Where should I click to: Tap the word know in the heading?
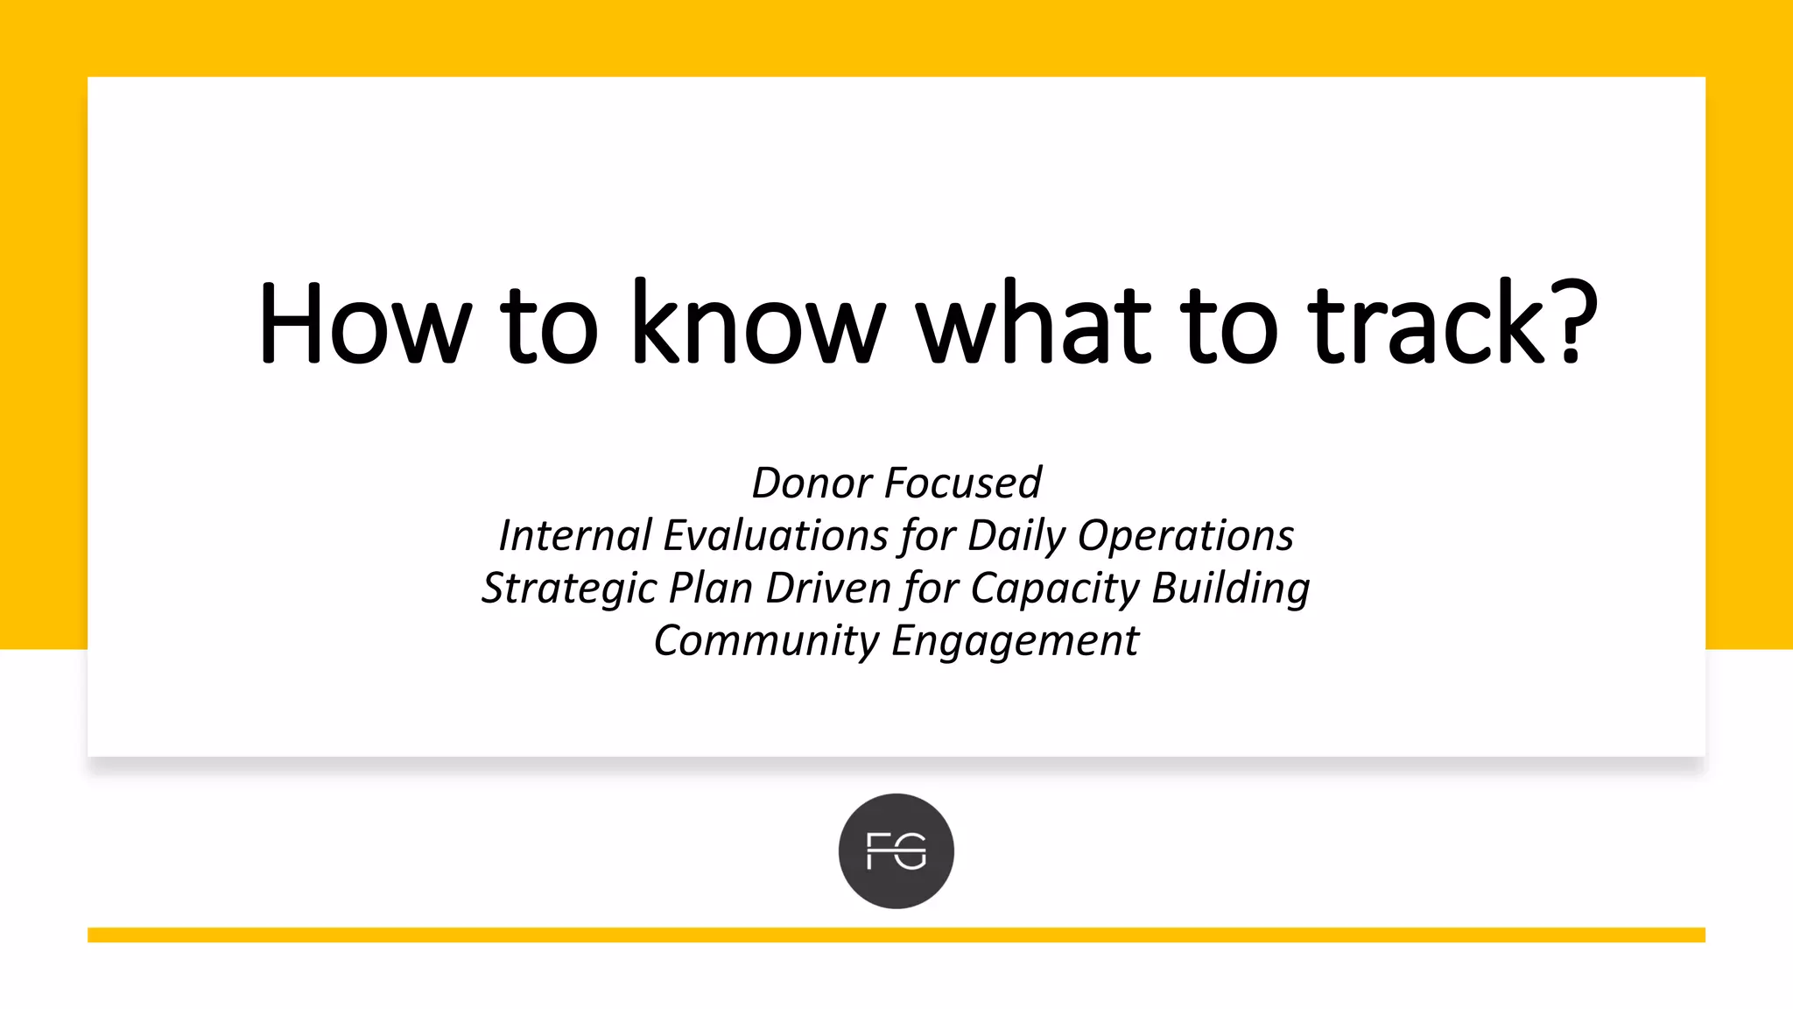tap(758, 324)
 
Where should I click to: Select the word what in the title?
tap(1033, 324)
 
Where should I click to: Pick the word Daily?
tap(1016, 536)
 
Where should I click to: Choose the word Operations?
tap(1185, 536)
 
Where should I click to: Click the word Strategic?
tap(568, 589)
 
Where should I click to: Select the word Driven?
tap(828, 589)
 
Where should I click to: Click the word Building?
tap(1230, 589)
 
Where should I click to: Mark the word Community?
tap(766, 641)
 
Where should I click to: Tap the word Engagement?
tap(1015, 641)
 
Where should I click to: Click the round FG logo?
tap(896, 851)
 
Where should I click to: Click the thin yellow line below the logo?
tap(896, 935)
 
